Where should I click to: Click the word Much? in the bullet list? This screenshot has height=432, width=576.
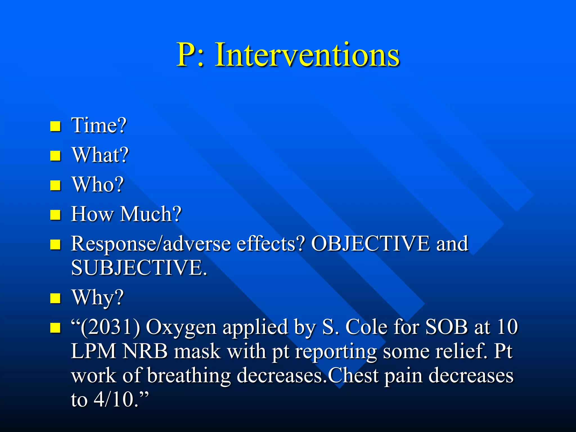tap(151, 214)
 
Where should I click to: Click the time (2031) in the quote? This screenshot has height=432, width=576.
tap(110, 327)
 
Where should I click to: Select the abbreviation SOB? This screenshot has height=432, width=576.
tap(446, 327)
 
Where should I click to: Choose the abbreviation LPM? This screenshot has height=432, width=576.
tap(93, 351)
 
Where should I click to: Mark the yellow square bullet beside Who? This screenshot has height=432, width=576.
tap(55, 185)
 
